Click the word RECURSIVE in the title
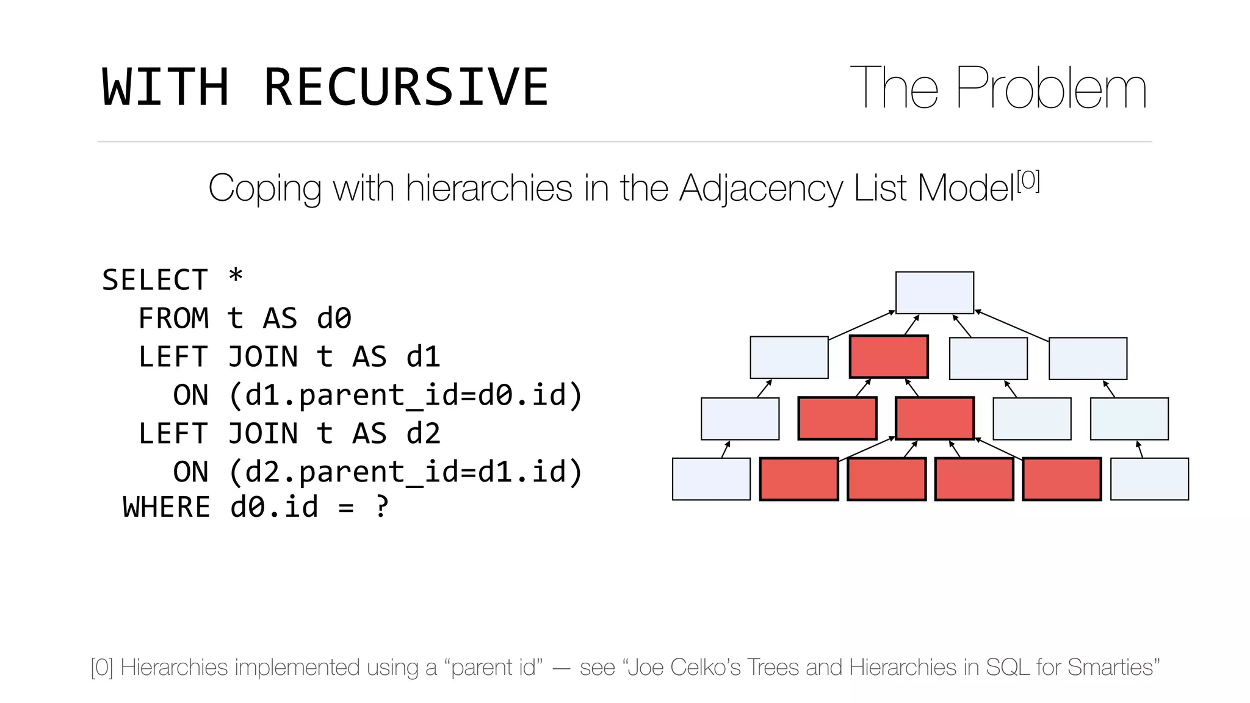406,87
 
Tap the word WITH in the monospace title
165,87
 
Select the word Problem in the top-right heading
1051,89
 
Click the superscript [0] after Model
1028,181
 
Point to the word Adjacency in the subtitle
760,188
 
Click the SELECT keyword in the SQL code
155,280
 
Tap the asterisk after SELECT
236,278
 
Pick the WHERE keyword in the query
167,507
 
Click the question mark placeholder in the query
381,507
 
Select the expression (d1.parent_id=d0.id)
406,395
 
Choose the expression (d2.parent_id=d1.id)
406,472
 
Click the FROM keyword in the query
173,319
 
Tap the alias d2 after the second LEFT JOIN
423,434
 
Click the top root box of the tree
934,293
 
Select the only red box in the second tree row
889,357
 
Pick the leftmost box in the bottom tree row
711,479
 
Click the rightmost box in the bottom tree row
1149,479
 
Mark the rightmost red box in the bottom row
1062,479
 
